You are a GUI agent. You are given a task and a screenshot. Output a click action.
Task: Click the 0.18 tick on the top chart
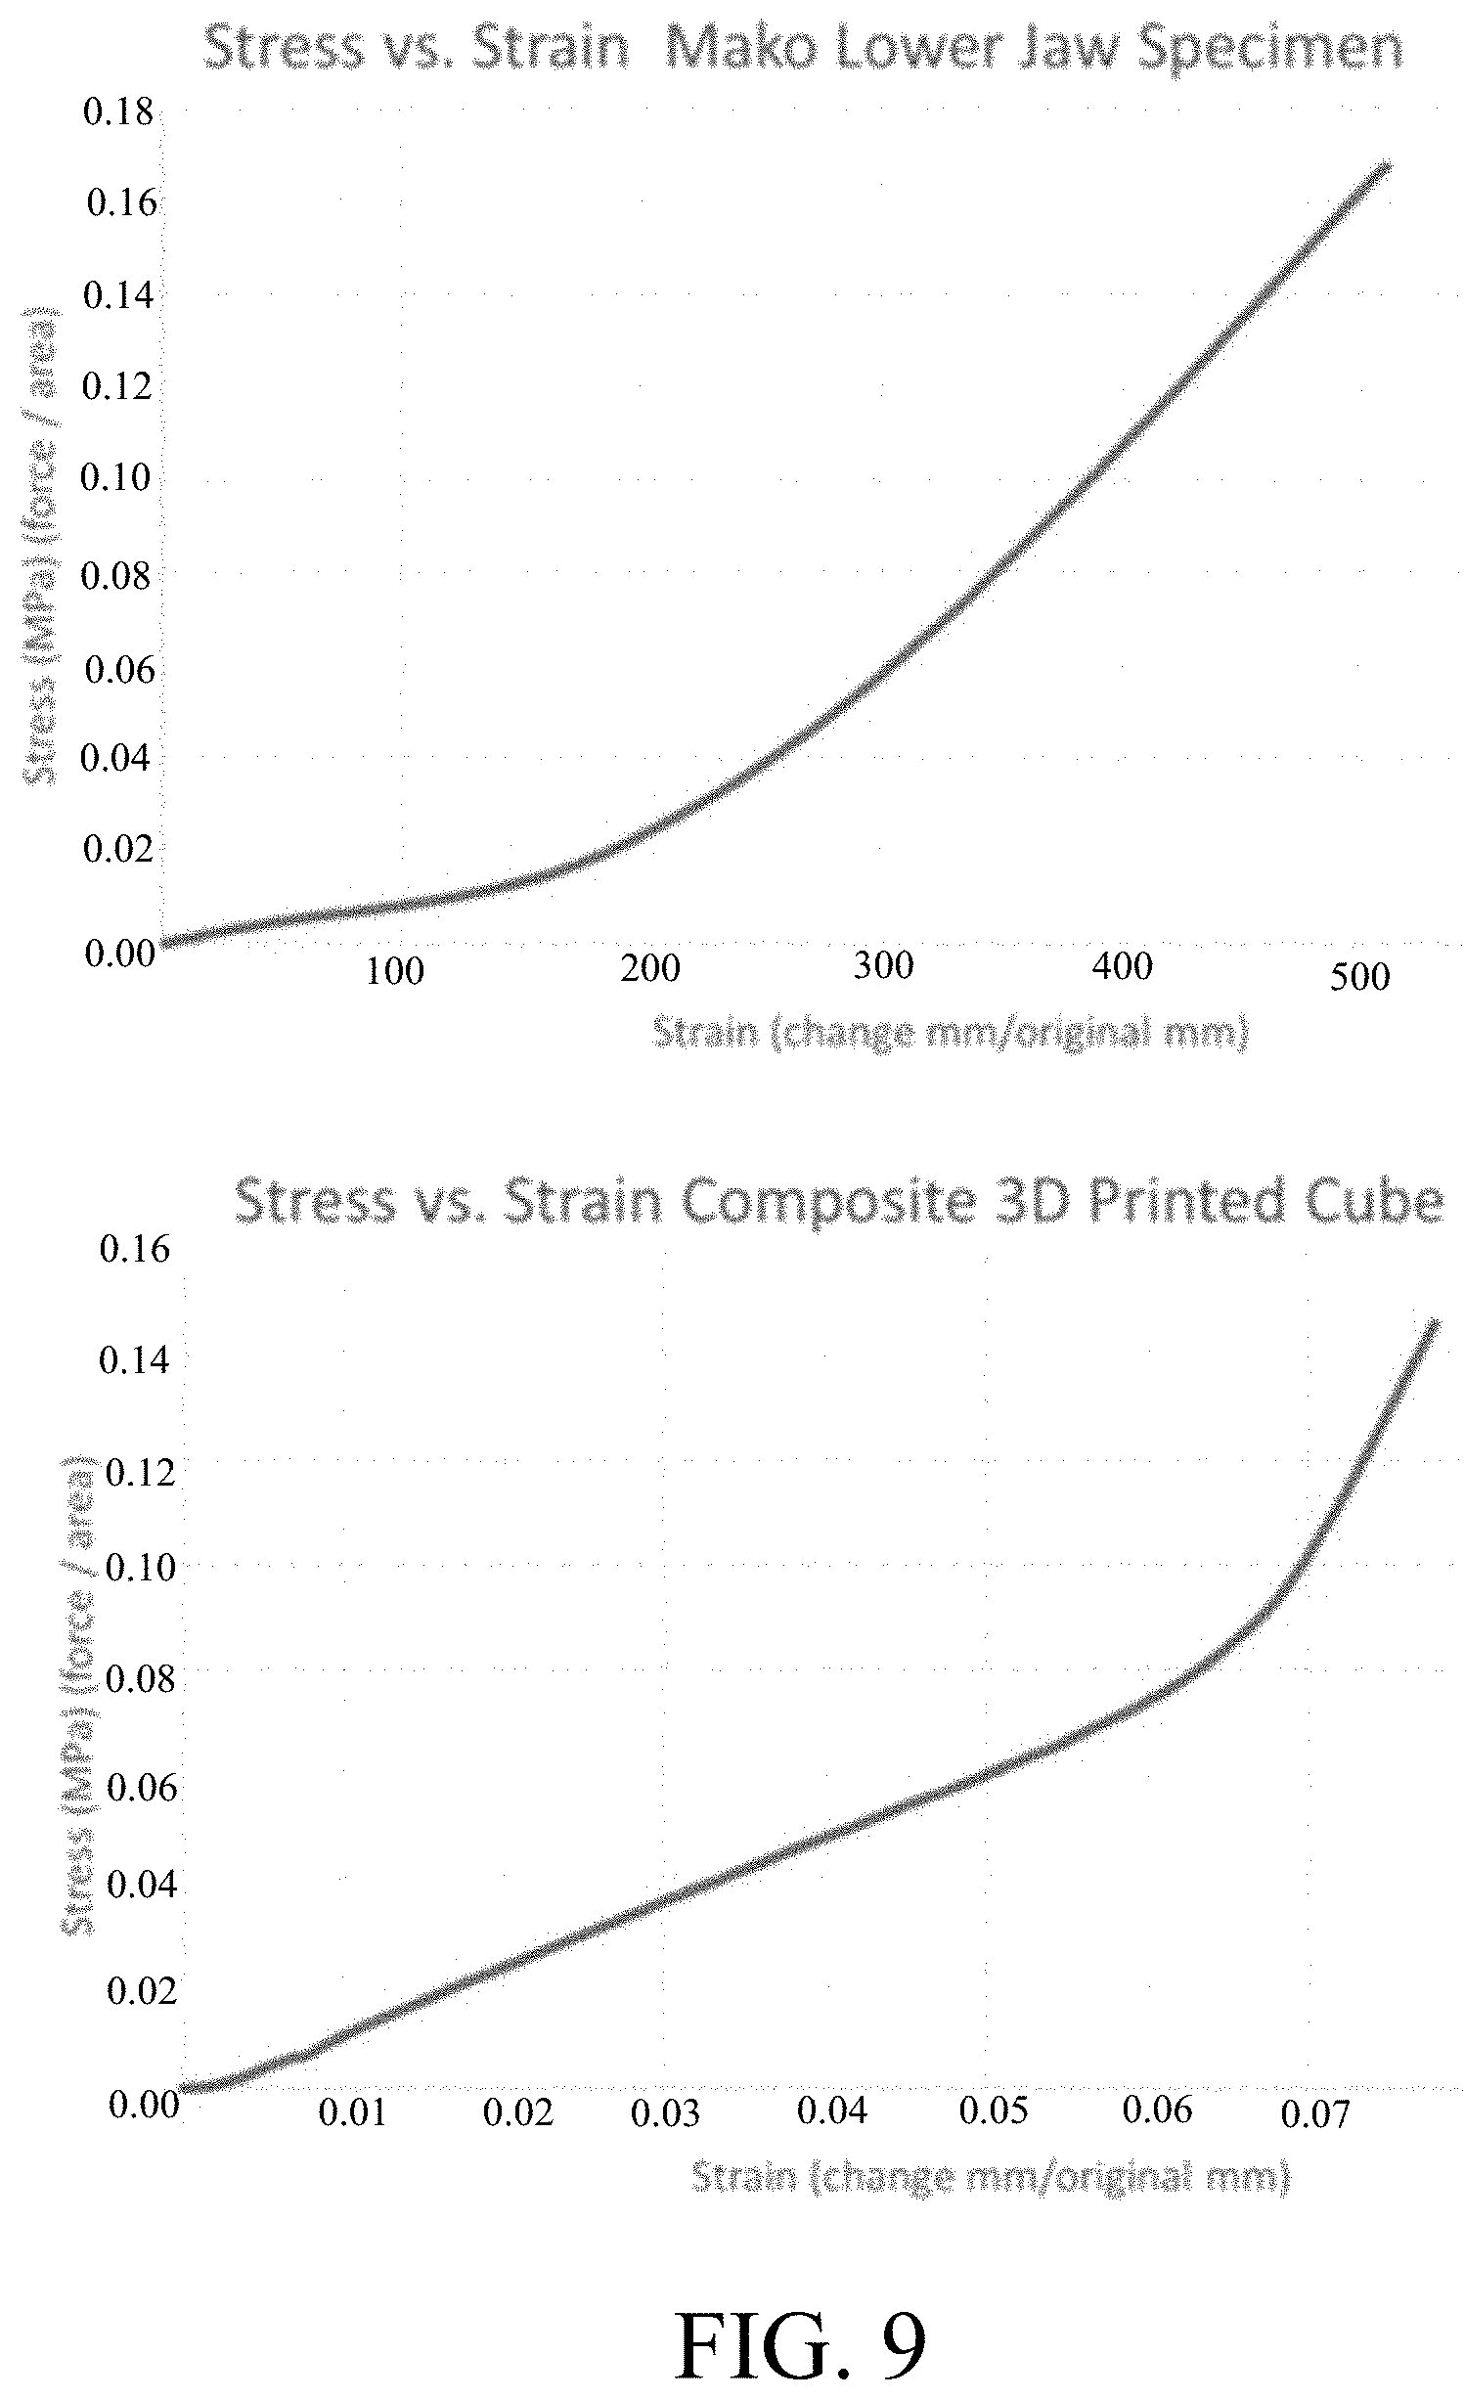[x=118, y=112]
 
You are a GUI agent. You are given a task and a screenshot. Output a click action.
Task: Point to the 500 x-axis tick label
[x=1359, y=977]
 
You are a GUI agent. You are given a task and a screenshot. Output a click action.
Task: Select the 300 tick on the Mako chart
[x=883, y=965]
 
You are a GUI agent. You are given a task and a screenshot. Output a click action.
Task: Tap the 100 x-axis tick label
[x=395, y=971]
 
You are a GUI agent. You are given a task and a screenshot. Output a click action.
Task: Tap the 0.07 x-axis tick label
[x=1315, y=2115]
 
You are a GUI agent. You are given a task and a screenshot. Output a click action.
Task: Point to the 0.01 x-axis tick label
[x=353, y=2113]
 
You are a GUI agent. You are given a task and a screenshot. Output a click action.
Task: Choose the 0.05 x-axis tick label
[x=994, y=2110]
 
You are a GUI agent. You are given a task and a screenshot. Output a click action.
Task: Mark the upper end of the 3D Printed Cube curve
[x=1436, y=1322]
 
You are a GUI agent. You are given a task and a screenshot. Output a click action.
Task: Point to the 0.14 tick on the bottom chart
[x=134, y=1359]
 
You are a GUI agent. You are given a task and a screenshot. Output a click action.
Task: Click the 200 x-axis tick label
[x=650, y=968]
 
